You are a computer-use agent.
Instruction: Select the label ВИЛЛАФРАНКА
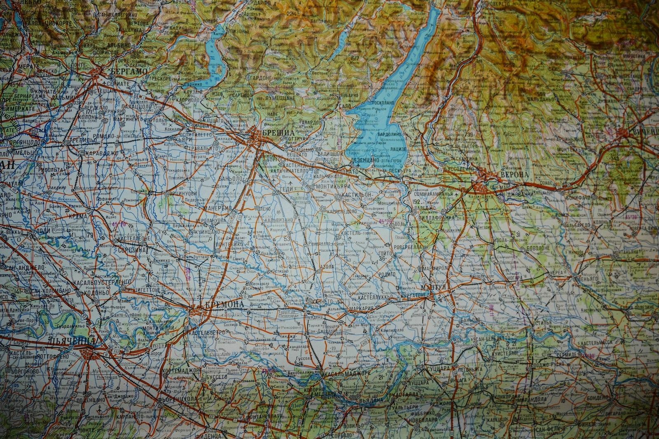pyautogui.click(x=437, y=217)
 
